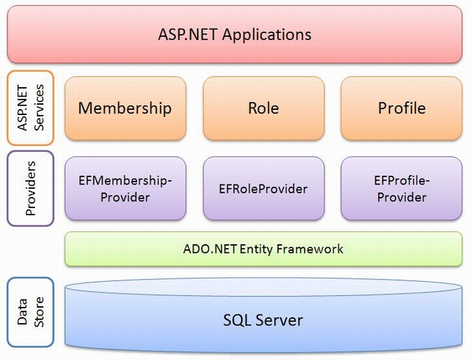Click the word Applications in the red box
click(267, 35)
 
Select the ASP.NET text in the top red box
click(187, 35)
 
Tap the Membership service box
click(125, 108)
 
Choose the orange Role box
click(264, 108)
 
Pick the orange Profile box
click(401, 108)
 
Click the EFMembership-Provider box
click(125, 188)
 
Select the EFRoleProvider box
click(264, 188)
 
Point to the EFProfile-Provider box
click(401, 188)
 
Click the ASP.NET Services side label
click(30, 108)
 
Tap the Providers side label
click(30, 188)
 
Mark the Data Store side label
click(30, 312)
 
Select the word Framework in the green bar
click(310, 249)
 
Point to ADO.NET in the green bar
click(209, 249)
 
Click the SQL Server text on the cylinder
click(263, 320)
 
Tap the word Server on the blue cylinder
click(279, 320)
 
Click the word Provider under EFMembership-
click(125, 198)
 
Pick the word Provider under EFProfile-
click(402, 198)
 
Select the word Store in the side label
click(39, 312)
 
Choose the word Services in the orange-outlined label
click(39, 108)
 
